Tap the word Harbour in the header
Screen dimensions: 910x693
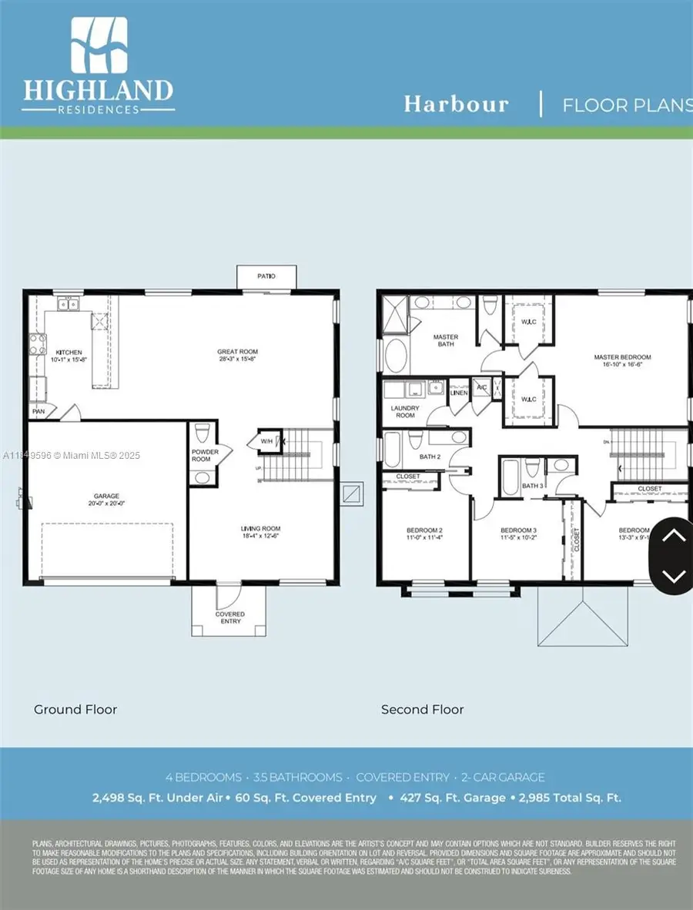(x=457, y=105)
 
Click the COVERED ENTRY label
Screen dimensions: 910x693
(x=229, y=617)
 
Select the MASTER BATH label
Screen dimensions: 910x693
(x=445, y=340)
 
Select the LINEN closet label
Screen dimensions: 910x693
(x=459, y=393)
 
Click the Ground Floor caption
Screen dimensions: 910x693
(x=75, y=709)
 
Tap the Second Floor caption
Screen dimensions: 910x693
(x=423, y=709)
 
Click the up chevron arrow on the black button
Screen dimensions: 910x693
(x=673, y=536)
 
